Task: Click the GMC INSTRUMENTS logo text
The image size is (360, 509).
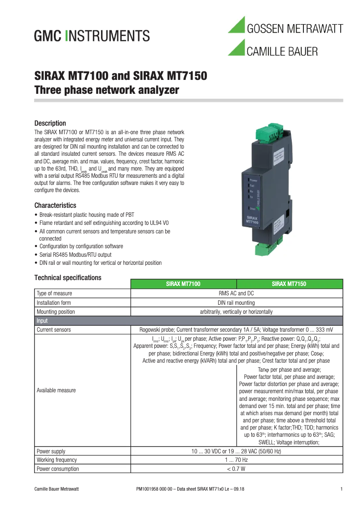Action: pyautogui.click(x=92, y=35)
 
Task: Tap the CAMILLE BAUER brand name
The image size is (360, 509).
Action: pyautogui.click(x=282, y=52)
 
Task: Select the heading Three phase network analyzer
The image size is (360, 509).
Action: pyautogui.click(x=107, y=90)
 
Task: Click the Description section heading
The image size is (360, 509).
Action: pyautogui.click(x=50, y=123)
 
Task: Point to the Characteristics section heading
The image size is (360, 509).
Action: pyautogui.click(x=56, y=206)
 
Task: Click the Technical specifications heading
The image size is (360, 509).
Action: pyautogui.click(x=68, y=278)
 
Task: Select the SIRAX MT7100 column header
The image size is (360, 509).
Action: pyautogui.click(x=183, y=284)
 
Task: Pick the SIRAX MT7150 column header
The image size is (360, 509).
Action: pyautogui.click(x=290, y=284)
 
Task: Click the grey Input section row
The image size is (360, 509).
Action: pyautogui.click(x=189, y=321)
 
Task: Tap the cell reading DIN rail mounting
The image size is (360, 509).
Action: pyautogui.click(x=236, y=303)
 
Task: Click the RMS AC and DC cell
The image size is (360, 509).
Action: pyautogui.click(x=236, y=294)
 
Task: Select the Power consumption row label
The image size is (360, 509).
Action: pyautogui.click(x=58, y=469)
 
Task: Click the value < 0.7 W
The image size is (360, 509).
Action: pyautogui.click(x=236, y=469)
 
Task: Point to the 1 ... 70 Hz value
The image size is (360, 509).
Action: pyautogui.click(x=236, y=460)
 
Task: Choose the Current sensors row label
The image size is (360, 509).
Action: pyautogui.click(x=53, y=330)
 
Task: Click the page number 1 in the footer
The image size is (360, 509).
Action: pyautogui.click(x=341, y=489)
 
